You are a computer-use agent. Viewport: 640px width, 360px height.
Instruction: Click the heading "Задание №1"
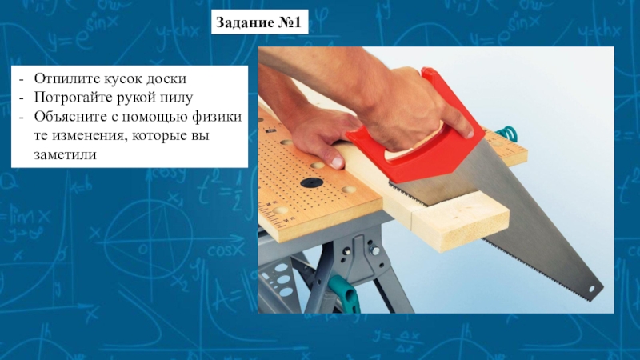point(259,22)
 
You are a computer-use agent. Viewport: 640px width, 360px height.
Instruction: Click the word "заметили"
point(66,155)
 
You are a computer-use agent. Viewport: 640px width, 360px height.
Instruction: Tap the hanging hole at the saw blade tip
point(592,289)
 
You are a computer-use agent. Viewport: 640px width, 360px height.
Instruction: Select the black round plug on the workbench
point(312,183)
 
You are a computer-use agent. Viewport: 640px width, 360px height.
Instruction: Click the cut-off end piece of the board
point(462,224)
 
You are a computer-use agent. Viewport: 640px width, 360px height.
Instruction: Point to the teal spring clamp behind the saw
point(507,133)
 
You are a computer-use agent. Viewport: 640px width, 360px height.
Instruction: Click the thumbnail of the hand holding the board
point(338,162)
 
